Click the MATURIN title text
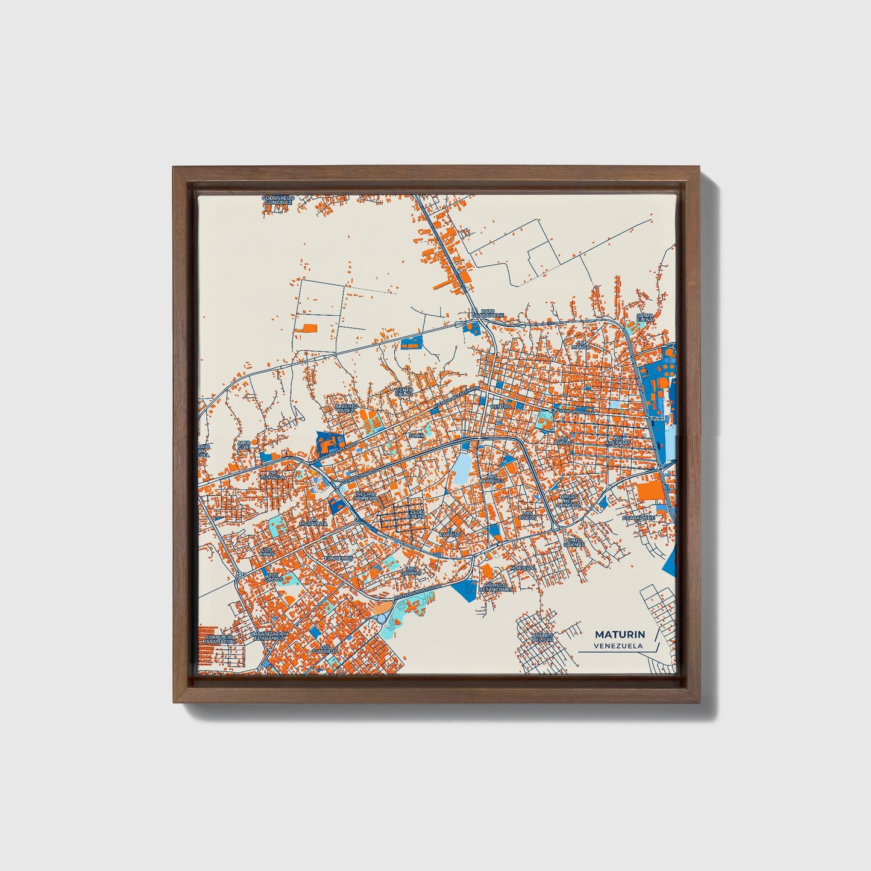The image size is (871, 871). tap(620, 635)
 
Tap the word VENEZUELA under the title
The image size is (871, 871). tap(618, 646)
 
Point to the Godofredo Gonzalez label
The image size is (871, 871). tap(278, 200)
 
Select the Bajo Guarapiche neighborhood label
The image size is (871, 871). tap(488, 313)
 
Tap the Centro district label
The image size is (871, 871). tap(501, 406)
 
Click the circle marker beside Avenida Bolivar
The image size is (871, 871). tap(553, 411)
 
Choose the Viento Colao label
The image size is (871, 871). tap(404, 392)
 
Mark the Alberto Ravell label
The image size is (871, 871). tap(347, 409)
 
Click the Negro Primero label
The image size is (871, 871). tap(365, 495)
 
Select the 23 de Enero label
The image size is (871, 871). tap(416, 514)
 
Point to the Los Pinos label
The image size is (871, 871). tap(268, 551)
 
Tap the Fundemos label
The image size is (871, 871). tap(338, 558)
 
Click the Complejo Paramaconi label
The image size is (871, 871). tap(218, 639)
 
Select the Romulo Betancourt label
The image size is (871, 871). tap(497, 588)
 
